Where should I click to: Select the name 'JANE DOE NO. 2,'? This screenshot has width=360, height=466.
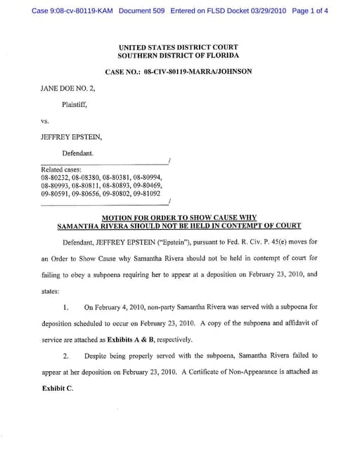point(69,89)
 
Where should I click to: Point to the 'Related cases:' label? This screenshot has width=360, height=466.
point(62,170)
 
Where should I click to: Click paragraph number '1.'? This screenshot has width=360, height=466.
point(65,307)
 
